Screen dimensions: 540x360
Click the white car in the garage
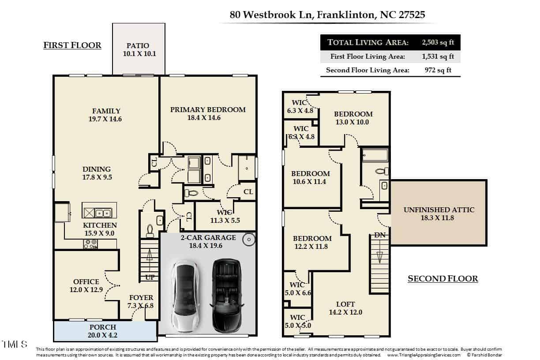click(186, 296)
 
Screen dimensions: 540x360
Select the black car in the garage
click(226, 296)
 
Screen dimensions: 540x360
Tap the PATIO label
click(138, 45)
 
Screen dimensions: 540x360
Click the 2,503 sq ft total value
click(438, 42)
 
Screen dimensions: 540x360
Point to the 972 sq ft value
click(438, 70)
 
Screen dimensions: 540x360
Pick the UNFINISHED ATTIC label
click(439, 210)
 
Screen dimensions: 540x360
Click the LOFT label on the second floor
click(345, 304)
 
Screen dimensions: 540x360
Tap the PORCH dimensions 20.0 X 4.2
click(102, 335)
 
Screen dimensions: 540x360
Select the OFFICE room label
click(86, 281)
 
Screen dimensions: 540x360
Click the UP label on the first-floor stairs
click(150, 277)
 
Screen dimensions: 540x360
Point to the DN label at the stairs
click(380, 235)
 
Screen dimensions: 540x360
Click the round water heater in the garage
click(249, 240)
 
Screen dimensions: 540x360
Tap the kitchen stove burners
click(90, 244)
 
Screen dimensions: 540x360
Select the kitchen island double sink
click(103, 213)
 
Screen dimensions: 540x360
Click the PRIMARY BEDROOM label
click(208, 110)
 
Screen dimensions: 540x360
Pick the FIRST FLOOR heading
click(72, 45)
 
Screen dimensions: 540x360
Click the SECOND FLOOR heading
click(443, 279)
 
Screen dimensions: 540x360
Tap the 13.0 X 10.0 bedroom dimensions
click(352, 122)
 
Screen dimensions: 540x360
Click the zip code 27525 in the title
click(412, 15)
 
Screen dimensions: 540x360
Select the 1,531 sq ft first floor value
click(438, 56)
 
